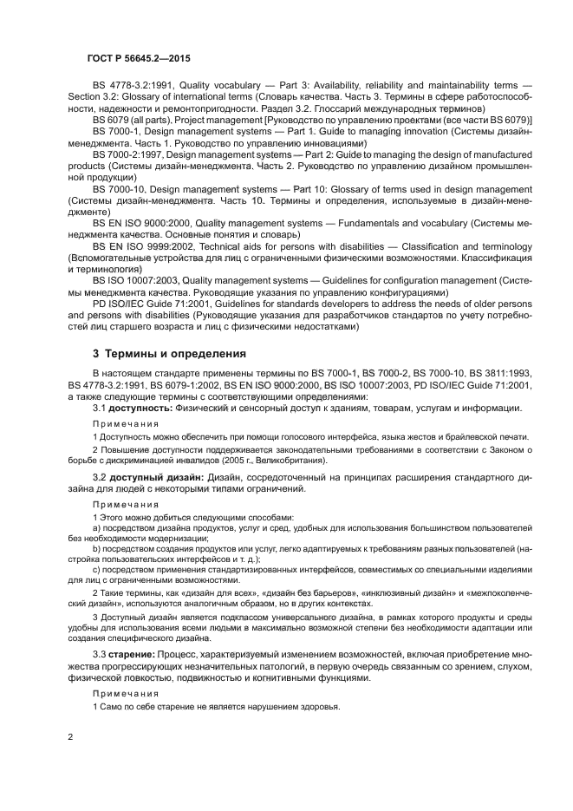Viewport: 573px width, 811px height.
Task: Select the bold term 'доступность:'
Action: point(139,408)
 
